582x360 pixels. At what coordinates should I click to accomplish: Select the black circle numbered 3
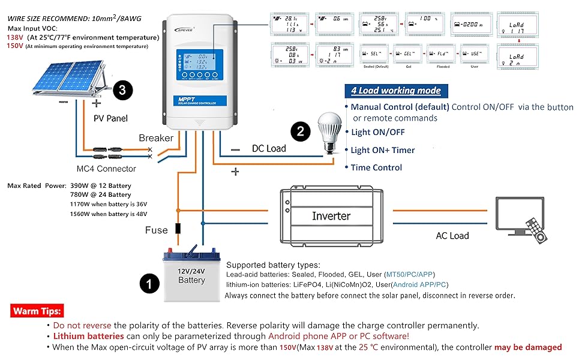(x=122, y=91)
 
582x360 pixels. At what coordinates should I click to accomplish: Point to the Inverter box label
(x=331, y=215)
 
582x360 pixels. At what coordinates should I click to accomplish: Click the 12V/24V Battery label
(x=191, y=275)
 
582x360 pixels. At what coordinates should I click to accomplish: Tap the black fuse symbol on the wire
(x=178, y=229)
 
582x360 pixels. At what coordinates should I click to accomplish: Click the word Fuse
(x=156, y=230)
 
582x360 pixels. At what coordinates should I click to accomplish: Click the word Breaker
(x=156, y=138)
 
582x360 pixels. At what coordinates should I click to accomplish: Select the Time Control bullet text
(x=376, y=167)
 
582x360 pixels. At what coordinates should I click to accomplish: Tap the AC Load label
(x=452, y=235)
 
